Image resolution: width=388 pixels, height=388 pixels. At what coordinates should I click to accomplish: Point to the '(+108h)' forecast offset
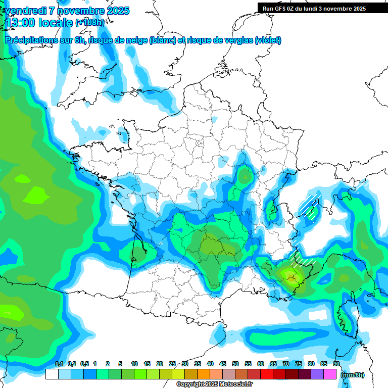point(89,23)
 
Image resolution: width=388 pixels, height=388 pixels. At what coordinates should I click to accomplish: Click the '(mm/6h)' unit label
point(353,375)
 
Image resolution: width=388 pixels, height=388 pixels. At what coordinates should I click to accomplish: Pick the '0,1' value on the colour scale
point(59,364)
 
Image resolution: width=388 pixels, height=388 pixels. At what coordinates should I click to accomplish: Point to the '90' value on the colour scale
point(336,364)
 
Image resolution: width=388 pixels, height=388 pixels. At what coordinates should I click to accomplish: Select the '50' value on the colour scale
point(235,364)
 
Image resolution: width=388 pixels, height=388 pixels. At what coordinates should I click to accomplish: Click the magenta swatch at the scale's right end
point(330,374)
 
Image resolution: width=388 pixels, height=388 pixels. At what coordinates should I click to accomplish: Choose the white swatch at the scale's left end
point(52,374)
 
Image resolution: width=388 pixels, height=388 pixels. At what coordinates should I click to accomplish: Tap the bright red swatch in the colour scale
point(267,374)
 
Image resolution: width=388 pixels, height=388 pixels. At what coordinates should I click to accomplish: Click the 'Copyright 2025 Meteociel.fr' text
point(214,384)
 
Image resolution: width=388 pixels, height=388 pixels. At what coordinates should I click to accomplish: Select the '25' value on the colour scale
point(172,364)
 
